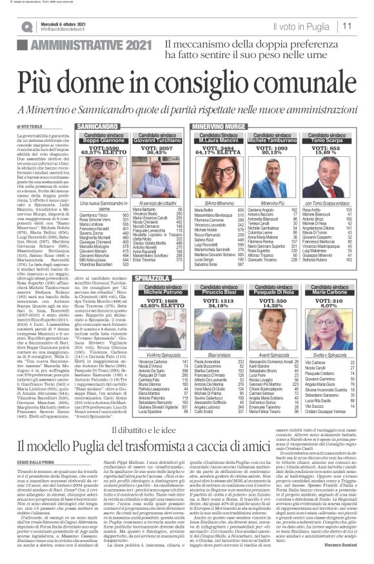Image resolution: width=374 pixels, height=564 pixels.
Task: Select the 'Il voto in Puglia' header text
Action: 304,26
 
